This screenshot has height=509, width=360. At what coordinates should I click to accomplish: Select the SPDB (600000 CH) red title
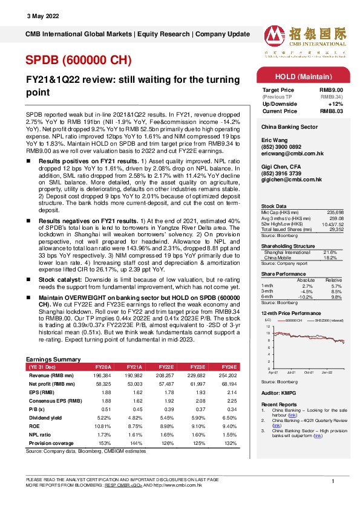[77, 59]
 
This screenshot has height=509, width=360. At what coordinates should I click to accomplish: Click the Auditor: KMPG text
[276, 392]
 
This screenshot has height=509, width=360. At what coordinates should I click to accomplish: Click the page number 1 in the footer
[333, 481]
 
